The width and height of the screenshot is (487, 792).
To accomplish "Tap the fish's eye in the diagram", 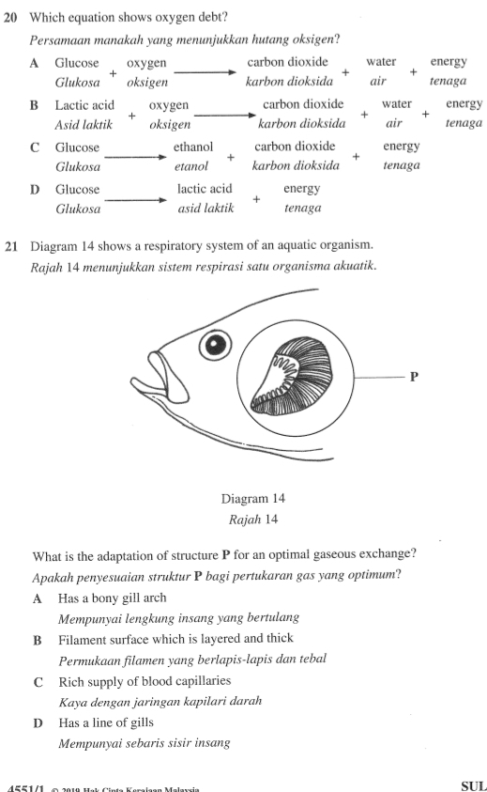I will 218,346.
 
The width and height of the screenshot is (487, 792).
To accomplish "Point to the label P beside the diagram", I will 414,378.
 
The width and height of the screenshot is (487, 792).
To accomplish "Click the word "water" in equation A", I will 381,62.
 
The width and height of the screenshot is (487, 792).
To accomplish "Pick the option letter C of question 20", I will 35,148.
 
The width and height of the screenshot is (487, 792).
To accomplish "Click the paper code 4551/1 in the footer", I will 21,787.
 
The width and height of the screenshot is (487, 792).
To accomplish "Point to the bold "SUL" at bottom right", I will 472,785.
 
